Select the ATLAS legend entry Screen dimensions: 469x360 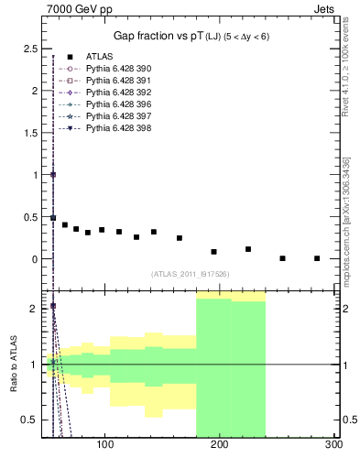point(99,57)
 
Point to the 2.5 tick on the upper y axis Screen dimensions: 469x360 point(30,48)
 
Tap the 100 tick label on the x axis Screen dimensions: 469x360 point(105,445)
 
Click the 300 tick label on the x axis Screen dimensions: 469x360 point(333,445)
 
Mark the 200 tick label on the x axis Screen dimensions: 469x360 point(220,445)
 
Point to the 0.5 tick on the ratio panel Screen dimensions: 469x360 point(30,420)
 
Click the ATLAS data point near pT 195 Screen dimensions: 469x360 point(213,251)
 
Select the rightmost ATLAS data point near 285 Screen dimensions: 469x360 point(317,258)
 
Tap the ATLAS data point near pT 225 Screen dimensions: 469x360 point(248,249)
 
